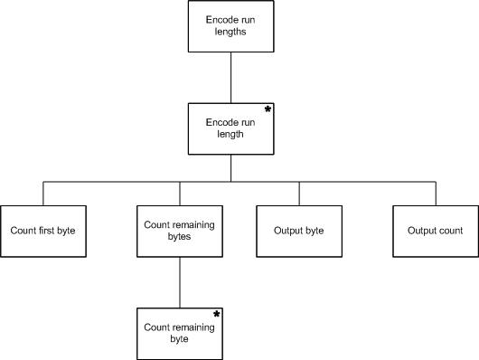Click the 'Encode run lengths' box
231,26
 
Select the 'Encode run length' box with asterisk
231,128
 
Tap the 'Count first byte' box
43,232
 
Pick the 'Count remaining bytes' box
180,232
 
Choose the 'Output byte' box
299,232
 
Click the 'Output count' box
436,232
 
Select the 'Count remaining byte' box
180,334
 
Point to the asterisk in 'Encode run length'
268,109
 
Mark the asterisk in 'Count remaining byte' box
217,314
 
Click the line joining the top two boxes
231,78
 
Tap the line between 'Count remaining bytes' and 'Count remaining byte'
180,282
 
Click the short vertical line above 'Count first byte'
43,194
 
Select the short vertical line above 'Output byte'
299,194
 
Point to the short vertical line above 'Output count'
436,194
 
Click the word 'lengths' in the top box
230,32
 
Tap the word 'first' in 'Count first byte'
47,230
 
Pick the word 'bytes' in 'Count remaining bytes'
179,236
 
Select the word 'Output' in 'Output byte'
286,231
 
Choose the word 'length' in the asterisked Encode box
230,134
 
